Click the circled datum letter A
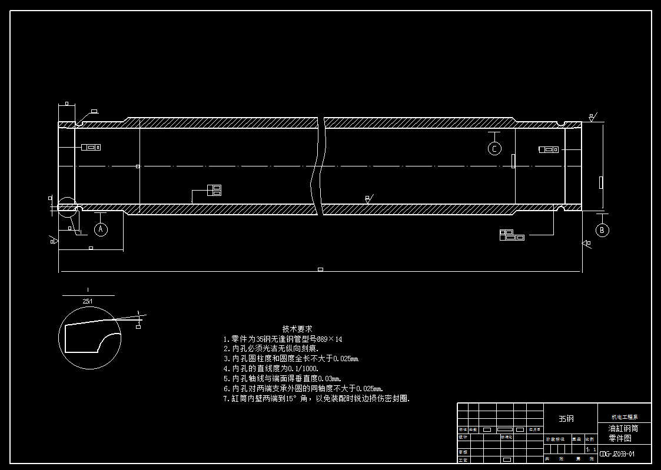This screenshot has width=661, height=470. (x=101, y=229)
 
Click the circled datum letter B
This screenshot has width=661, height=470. (x=602, y=230)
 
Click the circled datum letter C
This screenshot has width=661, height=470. (x=494, y=149)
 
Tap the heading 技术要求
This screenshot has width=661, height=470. (x=297, y=329)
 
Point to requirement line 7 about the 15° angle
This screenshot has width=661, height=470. (x=316, y=399)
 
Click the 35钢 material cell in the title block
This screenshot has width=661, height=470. (x=566, y=418)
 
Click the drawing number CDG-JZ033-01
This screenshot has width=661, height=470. (x=616, y=454)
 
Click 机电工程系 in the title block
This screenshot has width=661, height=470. (x=625, y=416)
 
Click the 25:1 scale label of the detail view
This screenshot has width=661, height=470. (x=88, y=301)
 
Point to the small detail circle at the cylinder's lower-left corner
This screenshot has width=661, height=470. (x=67, y=206)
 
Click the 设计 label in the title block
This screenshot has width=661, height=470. (x=463, y=437)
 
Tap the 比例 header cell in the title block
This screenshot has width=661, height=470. (x=590, y=439)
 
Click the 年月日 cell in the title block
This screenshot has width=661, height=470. (x=534, y=429)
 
